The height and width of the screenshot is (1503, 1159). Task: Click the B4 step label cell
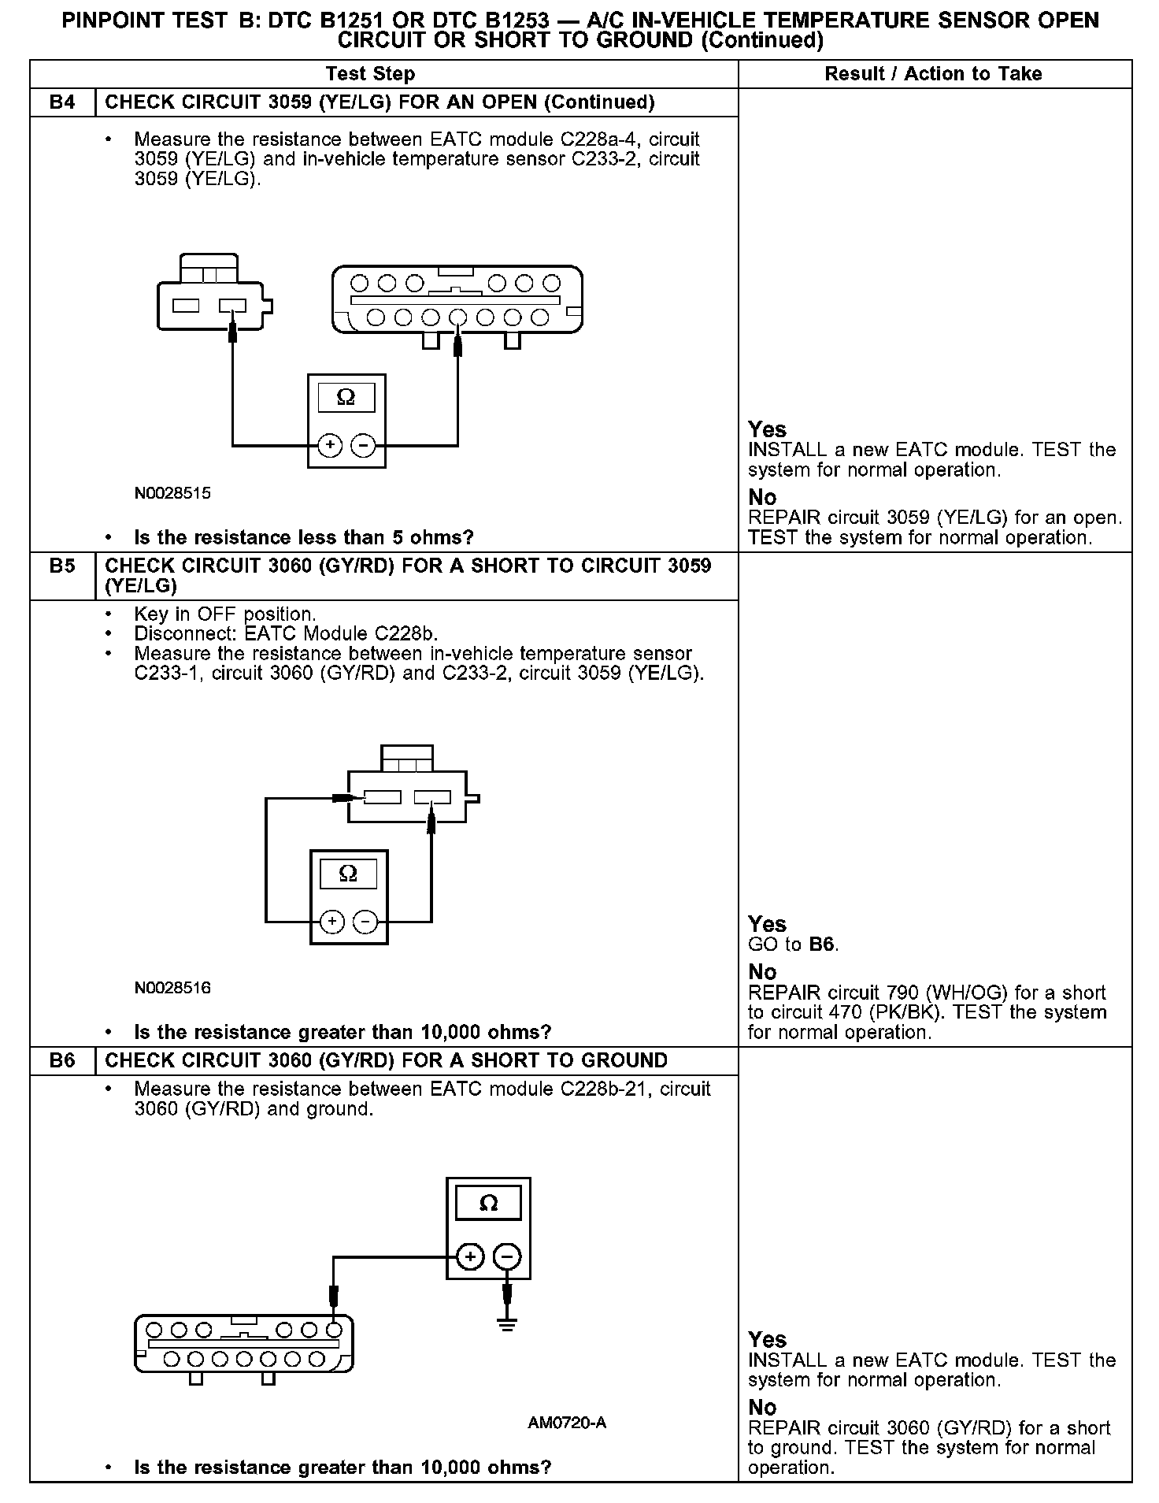62,102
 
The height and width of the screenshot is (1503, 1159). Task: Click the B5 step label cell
62,566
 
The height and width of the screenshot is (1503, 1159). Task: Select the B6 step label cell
62,1060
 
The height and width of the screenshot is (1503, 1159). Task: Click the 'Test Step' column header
370,74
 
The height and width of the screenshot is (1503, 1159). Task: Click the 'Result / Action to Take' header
933,74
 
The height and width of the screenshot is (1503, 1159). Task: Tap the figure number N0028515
172,494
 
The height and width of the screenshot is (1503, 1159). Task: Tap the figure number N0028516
172,988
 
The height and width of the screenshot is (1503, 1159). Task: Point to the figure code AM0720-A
567,1423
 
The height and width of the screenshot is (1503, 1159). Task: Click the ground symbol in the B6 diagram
507,1325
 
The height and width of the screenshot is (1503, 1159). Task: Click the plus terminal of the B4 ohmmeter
330,446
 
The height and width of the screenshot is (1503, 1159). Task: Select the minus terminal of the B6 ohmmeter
507,1256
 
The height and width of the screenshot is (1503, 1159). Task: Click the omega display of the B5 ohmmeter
347,874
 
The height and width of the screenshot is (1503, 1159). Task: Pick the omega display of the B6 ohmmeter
488,1204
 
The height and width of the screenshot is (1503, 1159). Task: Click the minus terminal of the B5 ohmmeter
365,922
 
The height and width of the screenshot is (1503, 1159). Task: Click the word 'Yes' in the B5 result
767,924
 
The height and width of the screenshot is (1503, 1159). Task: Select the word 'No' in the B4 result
762,498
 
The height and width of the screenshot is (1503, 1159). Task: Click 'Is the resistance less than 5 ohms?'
304,538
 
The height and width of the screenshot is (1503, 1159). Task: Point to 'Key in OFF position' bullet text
225,614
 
